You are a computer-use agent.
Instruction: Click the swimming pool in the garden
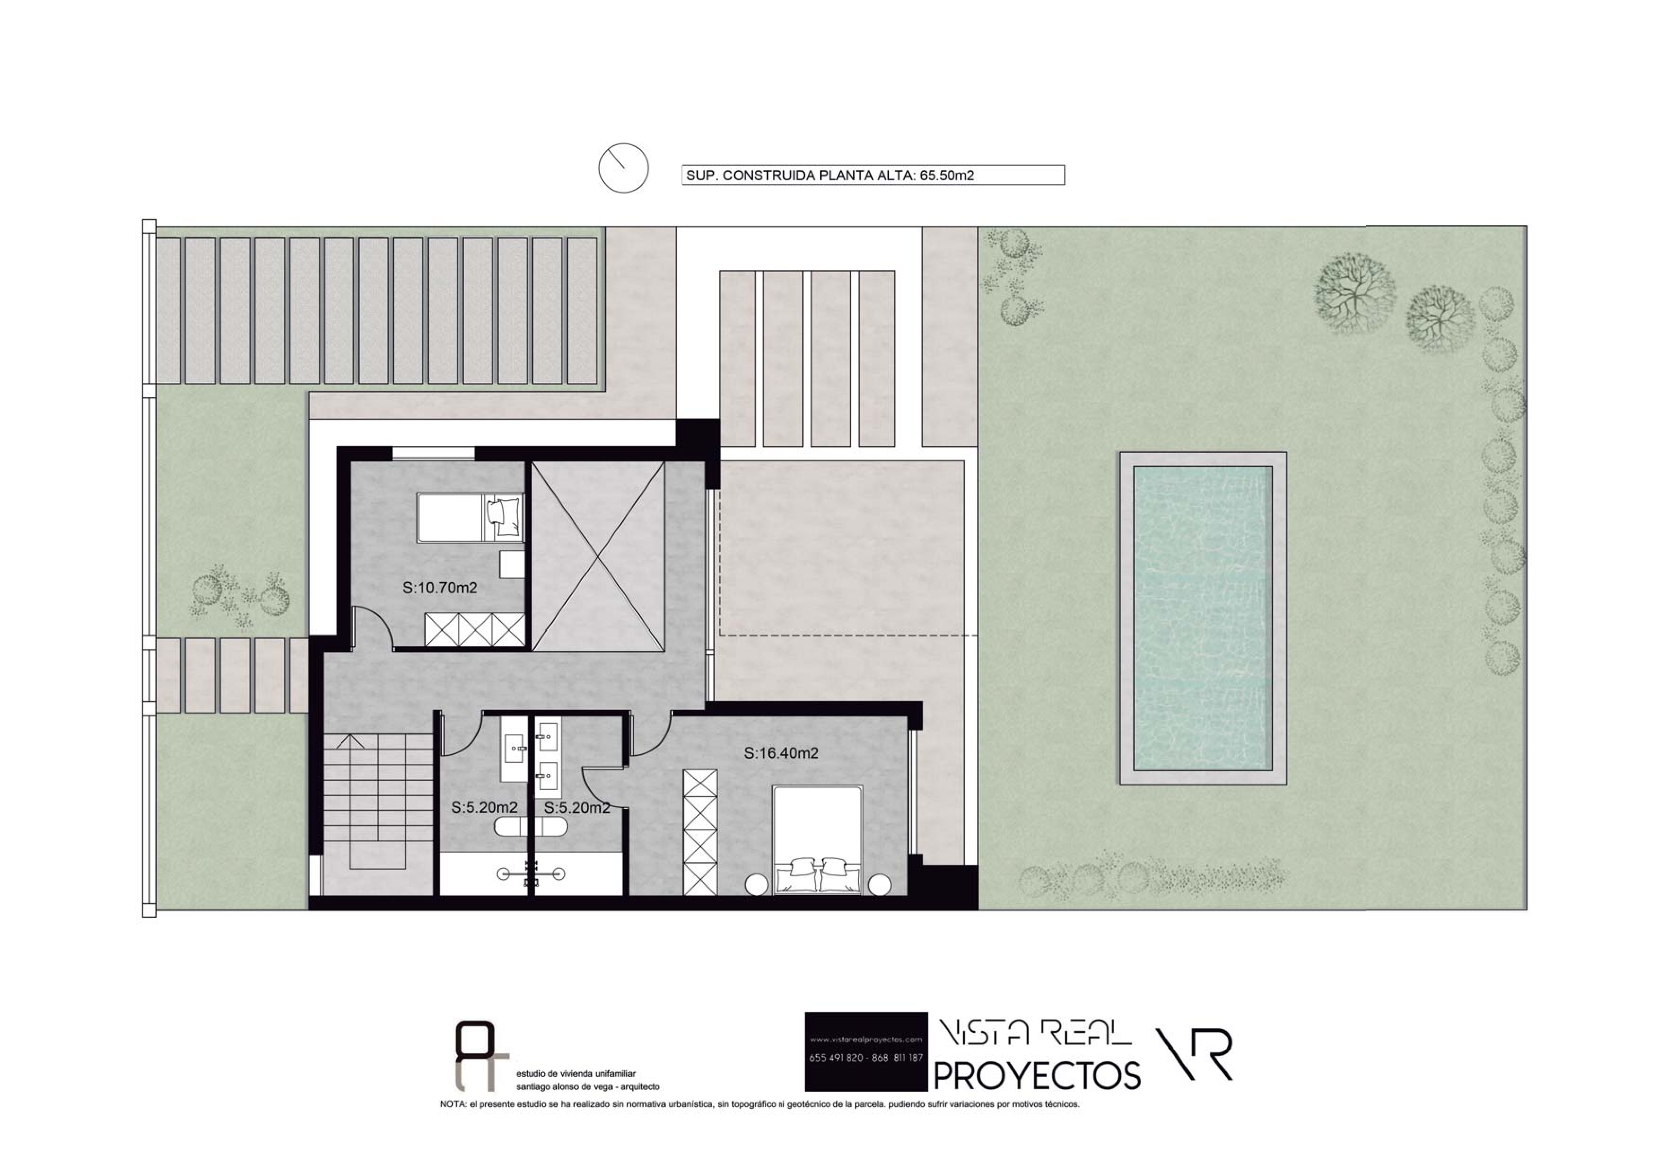point(1203,618)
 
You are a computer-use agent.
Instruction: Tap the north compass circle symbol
point(624,168)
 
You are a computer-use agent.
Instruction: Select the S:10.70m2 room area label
point(440,588)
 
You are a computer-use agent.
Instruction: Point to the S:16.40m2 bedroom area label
point(781,753)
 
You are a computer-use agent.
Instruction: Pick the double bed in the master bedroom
point(818,840)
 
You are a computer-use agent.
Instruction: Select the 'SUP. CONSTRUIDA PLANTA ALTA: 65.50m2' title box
point(873,175)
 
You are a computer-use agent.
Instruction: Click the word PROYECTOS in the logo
point(1038,1075)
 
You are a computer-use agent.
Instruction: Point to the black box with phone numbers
point(865,1051)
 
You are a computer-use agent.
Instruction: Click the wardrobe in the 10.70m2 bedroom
point(475,629)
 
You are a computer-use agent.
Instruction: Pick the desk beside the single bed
point(512,564)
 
